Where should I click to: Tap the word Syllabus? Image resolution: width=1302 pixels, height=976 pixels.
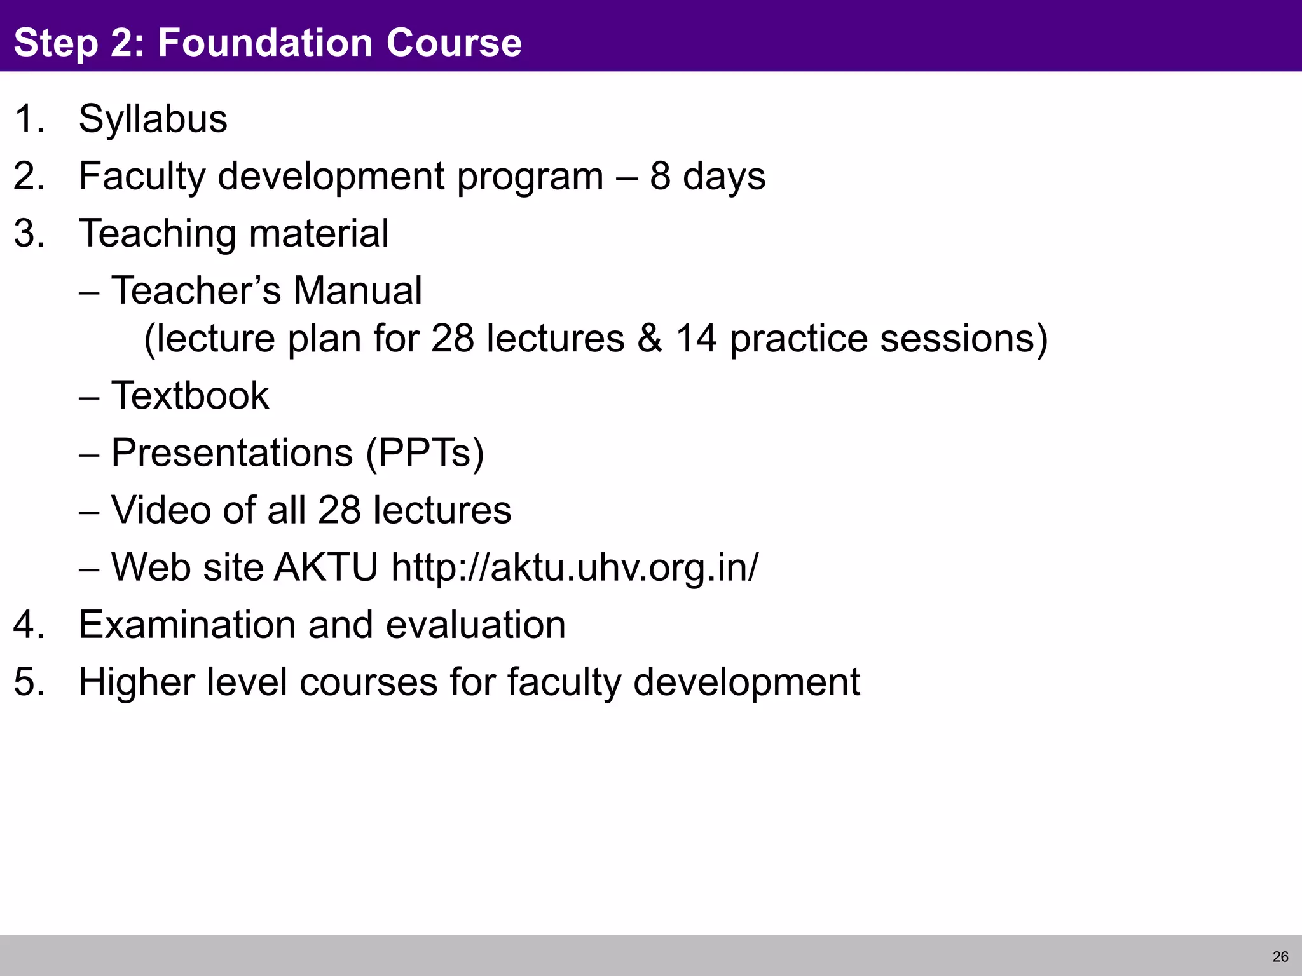point(153,119)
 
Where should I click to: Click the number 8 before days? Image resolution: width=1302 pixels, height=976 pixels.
point(660,176)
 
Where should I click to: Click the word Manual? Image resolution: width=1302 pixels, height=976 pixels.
point(357,291)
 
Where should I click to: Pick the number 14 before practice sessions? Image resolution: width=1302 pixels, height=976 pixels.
point(696,338)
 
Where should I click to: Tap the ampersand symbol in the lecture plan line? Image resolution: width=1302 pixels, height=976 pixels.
point(649,338)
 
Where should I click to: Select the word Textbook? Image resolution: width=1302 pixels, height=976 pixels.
point(189,396)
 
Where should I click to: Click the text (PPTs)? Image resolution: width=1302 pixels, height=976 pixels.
point(425,454)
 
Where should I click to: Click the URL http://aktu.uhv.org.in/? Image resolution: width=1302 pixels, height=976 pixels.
point(575,567)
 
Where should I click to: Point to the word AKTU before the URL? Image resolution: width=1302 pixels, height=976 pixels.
point(326,567)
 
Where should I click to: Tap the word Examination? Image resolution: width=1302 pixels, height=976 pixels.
point(187,625)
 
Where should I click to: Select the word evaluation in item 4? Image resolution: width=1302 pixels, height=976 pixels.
point(475,625)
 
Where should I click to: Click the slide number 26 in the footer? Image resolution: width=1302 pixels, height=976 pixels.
point(1280,957)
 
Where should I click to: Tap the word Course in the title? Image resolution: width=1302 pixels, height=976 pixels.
point(454,43)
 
